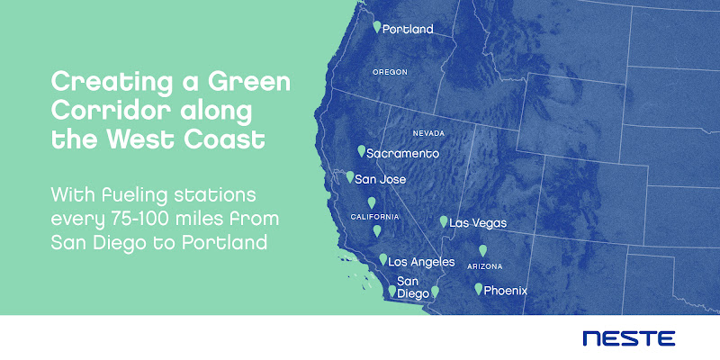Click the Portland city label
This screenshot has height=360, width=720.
click(x=408, y=30)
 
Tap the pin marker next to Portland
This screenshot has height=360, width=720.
click(x=377, y=27)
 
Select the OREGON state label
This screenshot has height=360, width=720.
click(x=390, y=72)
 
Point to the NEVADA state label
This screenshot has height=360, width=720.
click(x=428, y=133)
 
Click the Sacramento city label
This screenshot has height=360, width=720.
click(x=402, y=153)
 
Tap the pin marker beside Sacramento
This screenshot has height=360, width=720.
click(x=362, y=151)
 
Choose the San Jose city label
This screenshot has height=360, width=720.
click(x=380, y=179)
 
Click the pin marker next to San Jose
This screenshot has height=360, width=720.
click(x=350, y=176)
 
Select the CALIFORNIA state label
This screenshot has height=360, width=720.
click(x=374, y=217)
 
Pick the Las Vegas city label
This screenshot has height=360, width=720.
click(x=478, y=223)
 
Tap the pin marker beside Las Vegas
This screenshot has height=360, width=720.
click(x=444, y=221)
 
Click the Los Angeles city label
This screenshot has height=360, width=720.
click(x=421, y=262)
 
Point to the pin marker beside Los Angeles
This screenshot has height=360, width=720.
click(x=383, y=259)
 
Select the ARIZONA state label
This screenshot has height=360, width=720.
click(x=484, y=266)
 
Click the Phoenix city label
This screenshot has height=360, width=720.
click(x=506, y=291)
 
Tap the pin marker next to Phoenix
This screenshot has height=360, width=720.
click(x=479, y=288)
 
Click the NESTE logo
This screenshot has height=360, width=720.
click(x=628, y=338)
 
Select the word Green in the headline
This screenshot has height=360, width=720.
click(x=249, y=83)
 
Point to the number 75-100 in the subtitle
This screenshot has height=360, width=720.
click(x=148, y=219)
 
